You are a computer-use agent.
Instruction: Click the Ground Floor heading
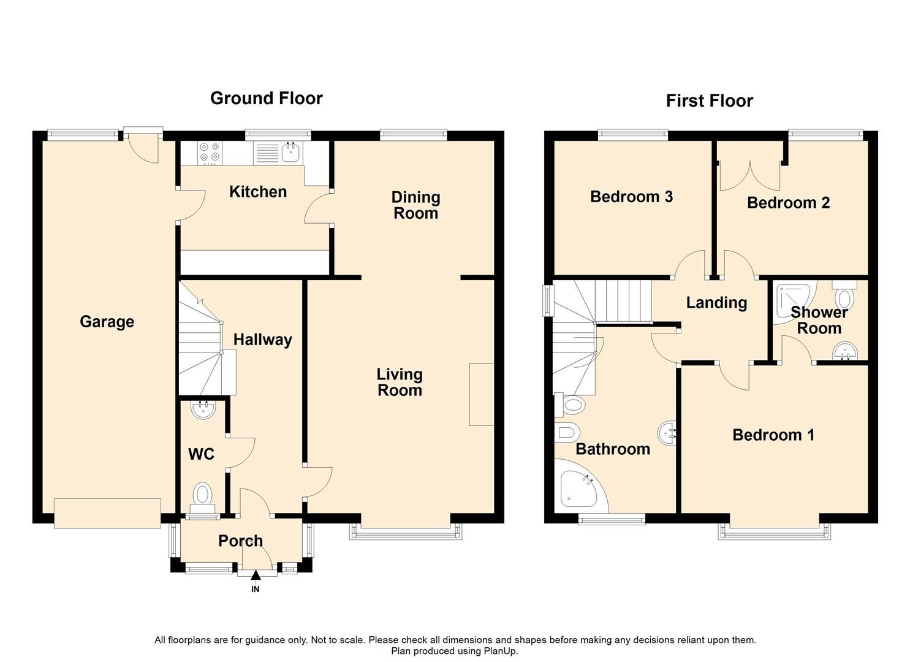click(266, 98)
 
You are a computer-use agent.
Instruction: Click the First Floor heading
click(710, 101)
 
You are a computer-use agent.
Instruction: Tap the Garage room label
click(107, 321)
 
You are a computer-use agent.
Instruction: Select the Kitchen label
click(258, 192)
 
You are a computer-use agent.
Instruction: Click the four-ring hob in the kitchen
click(210, 153)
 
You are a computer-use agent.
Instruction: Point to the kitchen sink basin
click(290, 153)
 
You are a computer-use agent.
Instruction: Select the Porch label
click(240, 541)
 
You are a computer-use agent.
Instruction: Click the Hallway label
click(262, 340)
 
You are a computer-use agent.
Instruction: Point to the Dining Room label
click(415, 205)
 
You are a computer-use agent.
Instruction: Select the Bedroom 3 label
click(631, 197)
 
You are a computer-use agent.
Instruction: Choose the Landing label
click(716, 303)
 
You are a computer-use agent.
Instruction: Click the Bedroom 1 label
click(773, 435)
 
